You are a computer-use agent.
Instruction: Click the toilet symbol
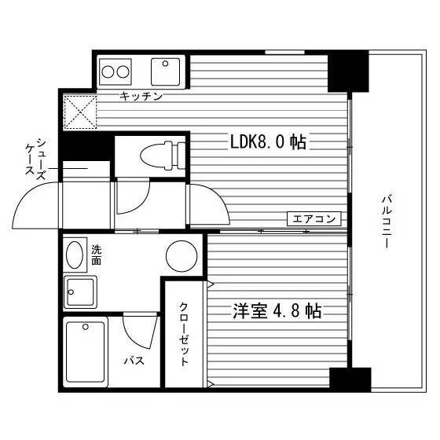[163, 156]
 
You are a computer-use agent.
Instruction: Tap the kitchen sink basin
[165, 71]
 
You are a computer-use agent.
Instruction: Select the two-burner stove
[115, 71]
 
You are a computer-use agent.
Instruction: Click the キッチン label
[141, 96]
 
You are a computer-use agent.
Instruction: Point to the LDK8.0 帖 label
[268, 141]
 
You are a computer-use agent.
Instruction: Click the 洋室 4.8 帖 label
[277, 310]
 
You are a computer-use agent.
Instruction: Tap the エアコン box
[314, 218]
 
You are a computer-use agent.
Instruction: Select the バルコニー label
[387, 222]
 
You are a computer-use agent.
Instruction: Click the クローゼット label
[184, 334]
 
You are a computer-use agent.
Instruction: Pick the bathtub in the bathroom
[86, 352]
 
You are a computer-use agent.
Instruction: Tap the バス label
[134, 361]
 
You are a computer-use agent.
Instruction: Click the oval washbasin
[75, 255]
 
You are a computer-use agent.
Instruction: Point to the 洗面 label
[96, 255]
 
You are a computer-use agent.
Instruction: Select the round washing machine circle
[181, 256]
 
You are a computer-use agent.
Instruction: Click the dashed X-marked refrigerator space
[80, 112]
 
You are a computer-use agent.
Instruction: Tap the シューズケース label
[36, 159]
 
